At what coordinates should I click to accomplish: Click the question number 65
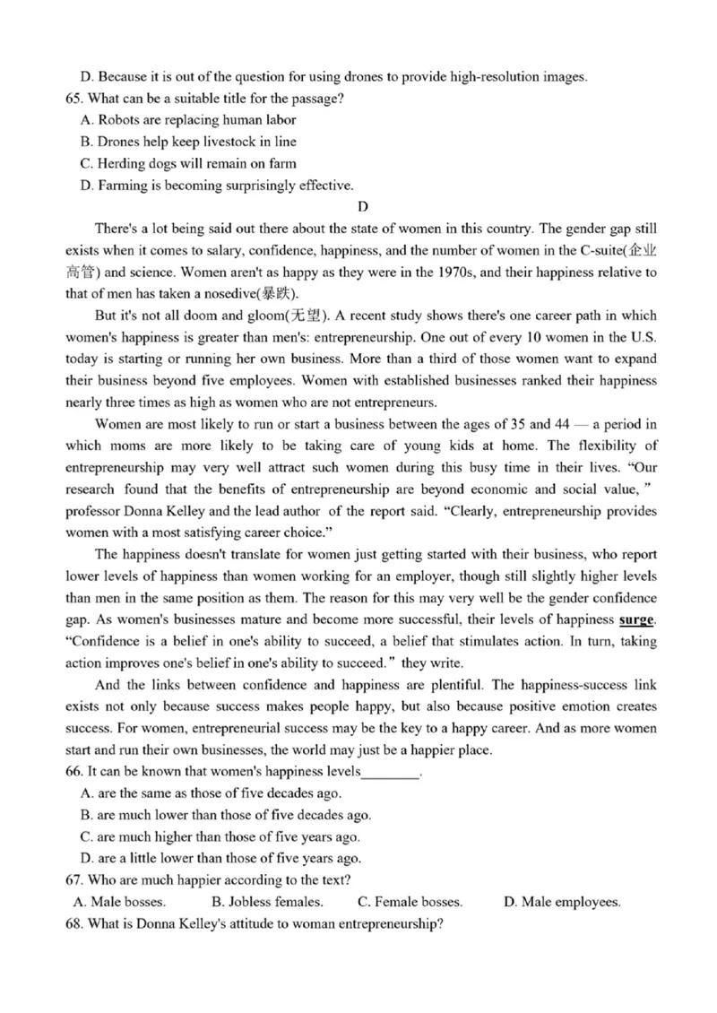75,98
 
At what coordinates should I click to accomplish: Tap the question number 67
75,880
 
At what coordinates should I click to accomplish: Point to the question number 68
75,924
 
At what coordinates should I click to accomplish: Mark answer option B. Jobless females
267,902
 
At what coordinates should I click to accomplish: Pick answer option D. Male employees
562,902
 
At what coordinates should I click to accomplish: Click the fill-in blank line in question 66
390,773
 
